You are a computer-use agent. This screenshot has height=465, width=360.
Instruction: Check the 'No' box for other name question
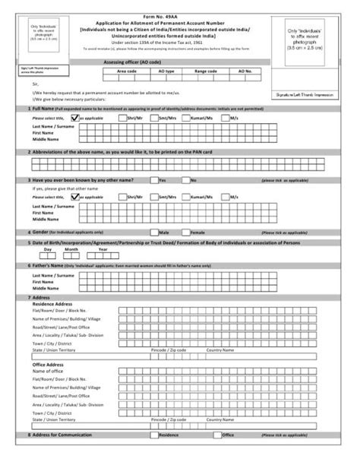coord(185,180)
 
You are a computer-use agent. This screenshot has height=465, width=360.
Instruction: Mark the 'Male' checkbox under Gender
coord(155,231)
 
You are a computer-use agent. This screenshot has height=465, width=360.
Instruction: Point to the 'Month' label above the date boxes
coord(71,248)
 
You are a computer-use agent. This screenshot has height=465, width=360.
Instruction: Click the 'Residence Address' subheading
coord(52,304)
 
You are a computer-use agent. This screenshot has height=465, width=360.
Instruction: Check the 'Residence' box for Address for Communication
coord(155,436)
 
